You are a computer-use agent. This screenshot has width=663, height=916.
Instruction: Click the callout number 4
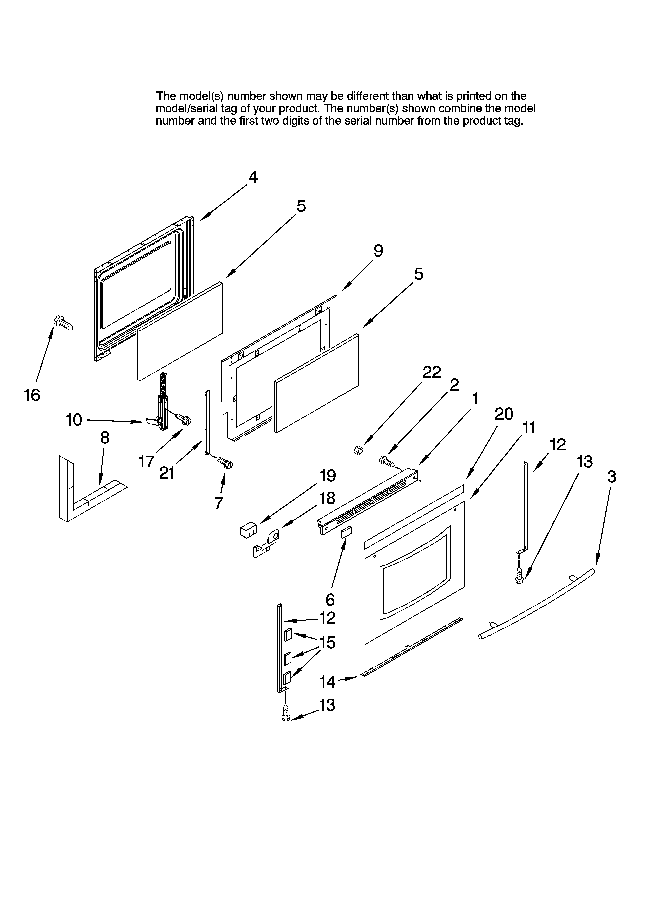click(x=253, y=177)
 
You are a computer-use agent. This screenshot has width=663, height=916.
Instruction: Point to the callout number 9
click(x=378, y=251)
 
